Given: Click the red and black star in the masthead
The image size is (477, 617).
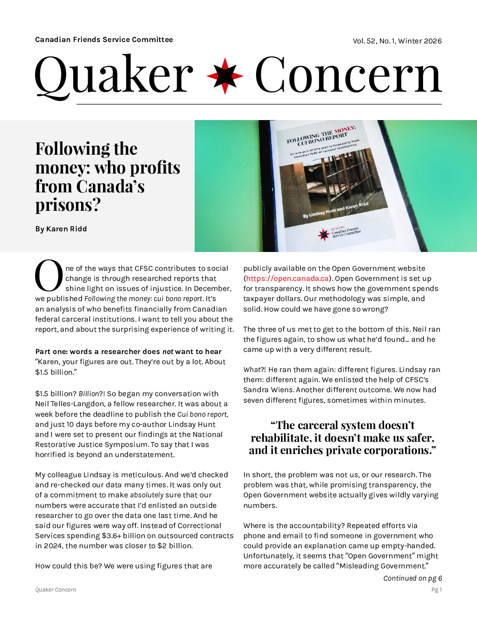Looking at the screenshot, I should coord(225,75).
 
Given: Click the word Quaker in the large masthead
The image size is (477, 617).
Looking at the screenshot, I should coord(114,75).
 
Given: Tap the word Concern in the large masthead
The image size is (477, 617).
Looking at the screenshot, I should coord(348,75).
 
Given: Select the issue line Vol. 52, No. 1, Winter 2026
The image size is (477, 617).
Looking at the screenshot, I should coord(397,41).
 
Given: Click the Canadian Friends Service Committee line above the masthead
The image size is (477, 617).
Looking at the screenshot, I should coord(104,39).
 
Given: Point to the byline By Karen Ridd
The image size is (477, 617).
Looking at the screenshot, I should coord(61,229).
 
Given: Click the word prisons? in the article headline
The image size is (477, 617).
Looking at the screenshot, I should coord(68,205).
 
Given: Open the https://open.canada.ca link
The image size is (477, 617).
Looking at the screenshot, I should coord(287,279).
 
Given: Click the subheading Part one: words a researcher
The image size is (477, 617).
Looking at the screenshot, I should coord(128,351).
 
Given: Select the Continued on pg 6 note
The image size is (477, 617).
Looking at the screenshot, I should coord(412,578).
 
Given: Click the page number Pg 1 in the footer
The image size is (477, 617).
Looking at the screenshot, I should coord(436,590).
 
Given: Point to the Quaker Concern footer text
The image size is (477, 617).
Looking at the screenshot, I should coord(56,590).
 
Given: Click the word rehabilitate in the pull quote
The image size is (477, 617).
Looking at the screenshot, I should coord(281,438).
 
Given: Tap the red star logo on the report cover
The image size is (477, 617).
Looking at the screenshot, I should coord(324,235).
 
